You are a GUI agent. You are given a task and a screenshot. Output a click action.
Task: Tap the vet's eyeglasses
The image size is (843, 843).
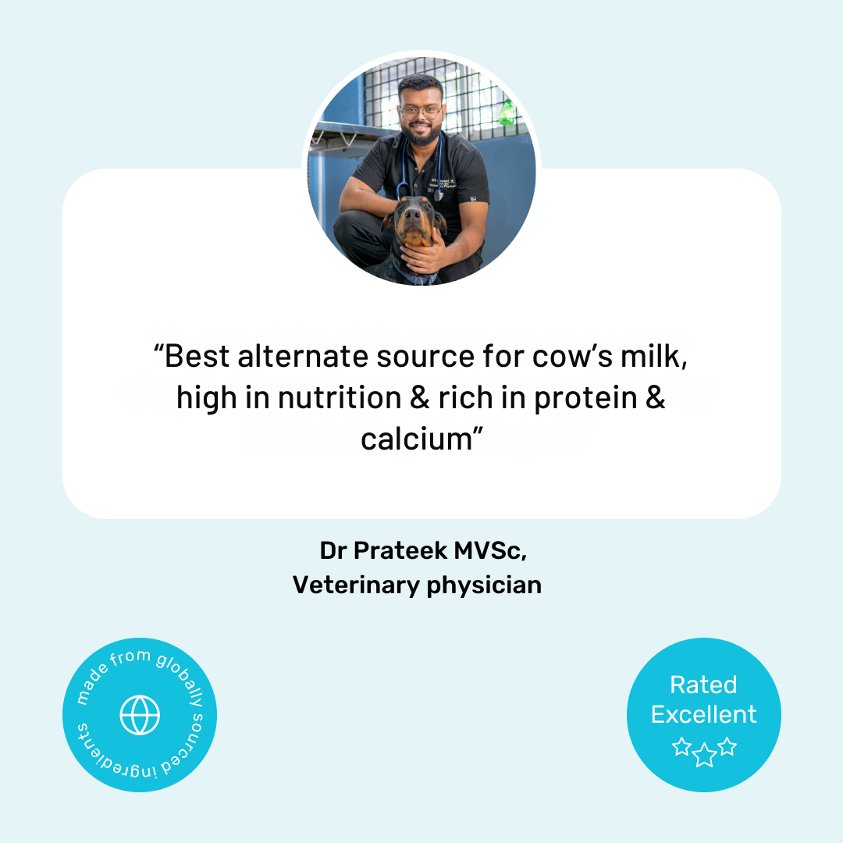(421, 110)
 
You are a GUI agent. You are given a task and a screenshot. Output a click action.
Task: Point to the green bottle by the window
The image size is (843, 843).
(507, 112)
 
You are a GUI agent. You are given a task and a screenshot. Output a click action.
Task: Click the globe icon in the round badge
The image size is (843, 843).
(140, 715)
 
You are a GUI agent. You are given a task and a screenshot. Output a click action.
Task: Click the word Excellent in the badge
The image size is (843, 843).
(704, 714)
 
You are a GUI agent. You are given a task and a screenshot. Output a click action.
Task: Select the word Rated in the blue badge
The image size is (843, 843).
(703, 685)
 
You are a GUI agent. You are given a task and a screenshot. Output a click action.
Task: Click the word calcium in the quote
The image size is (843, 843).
(416, 439)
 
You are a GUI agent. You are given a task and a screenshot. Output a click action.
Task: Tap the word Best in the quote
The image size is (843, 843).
(197, 357)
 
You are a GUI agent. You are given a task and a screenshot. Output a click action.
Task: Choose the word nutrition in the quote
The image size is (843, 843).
(339, 397)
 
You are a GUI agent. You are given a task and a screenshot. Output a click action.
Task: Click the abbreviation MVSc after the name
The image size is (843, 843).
(490, 550)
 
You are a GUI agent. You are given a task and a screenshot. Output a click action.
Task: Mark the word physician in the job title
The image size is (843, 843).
(484, 585)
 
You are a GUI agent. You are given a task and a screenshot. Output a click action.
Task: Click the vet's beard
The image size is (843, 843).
(421, 135)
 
